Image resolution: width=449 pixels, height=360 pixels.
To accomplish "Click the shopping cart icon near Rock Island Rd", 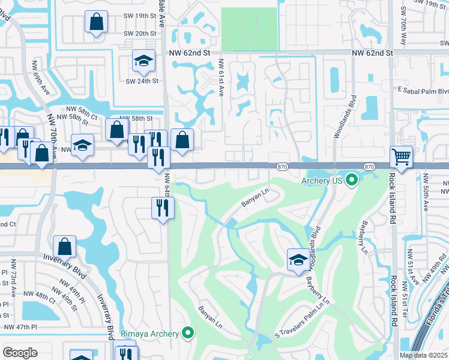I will [x=401, y=157].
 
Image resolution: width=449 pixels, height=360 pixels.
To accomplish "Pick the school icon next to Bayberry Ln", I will [x=297, y=259].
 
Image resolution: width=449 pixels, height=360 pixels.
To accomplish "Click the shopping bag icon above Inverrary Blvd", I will [x=64, y=246].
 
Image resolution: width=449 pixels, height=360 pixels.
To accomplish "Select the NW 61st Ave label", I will [x=221, y=79].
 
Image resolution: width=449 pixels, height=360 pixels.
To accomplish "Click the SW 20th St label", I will [x=140, y=34].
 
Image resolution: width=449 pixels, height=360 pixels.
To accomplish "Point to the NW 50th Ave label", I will [x=426, y=192].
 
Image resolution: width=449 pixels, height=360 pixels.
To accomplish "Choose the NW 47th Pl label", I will [x=20, y=327].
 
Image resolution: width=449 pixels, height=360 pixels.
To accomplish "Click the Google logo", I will [x=20, y=352].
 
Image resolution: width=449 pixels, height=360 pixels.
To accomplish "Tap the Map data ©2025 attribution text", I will [x=423, y=355].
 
